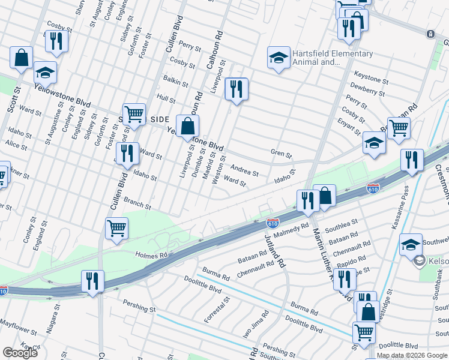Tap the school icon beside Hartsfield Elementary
(x=279, y=58)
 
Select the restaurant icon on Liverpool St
(x=237, y=89)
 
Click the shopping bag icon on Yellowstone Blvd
(x=188, y=126)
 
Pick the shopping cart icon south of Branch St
(x=116, y=228)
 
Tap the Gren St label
(x=281, y=155)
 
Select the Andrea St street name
(x=244, y=170)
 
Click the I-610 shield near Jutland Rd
(x=273, y=223)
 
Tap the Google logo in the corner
(x=20, y=353)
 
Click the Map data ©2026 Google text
(x=412, y=355)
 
